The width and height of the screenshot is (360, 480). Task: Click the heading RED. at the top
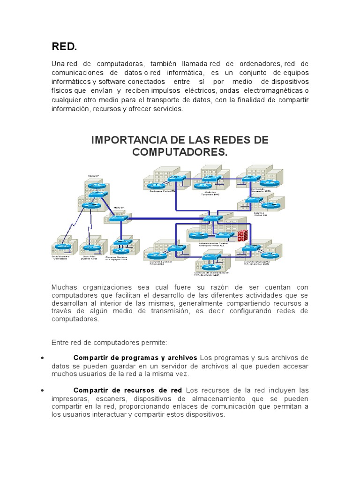tap(64, 46)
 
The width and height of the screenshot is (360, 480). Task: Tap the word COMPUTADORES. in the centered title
tap(180, 152)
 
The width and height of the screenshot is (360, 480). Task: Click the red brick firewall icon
tap(242, 235)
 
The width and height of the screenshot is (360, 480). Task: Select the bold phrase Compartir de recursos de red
tap(128, 390)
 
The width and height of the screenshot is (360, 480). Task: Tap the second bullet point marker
tap(43, 390)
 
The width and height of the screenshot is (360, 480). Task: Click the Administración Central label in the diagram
tap(213, 243)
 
